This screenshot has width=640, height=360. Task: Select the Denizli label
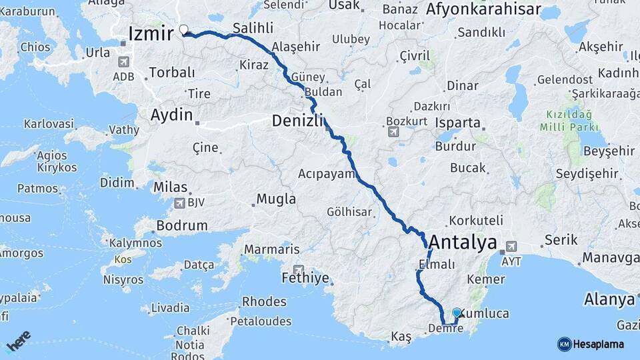coord(297,121)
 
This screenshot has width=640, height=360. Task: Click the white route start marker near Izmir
coord(184,29)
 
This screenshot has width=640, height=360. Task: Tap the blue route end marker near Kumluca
coord(457,312)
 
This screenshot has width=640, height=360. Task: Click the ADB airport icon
coord(123,61)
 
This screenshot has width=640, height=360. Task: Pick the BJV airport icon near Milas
coord(179,203)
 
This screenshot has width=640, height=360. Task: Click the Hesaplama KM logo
coord(564,344)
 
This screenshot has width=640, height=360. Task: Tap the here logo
coord(18,341)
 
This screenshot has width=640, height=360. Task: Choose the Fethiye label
coord(306,277)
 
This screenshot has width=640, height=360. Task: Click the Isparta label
coord(458,123)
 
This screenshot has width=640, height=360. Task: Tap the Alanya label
coord(609,299)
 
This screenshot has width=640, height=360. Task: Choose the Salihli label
coord(254,29)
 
